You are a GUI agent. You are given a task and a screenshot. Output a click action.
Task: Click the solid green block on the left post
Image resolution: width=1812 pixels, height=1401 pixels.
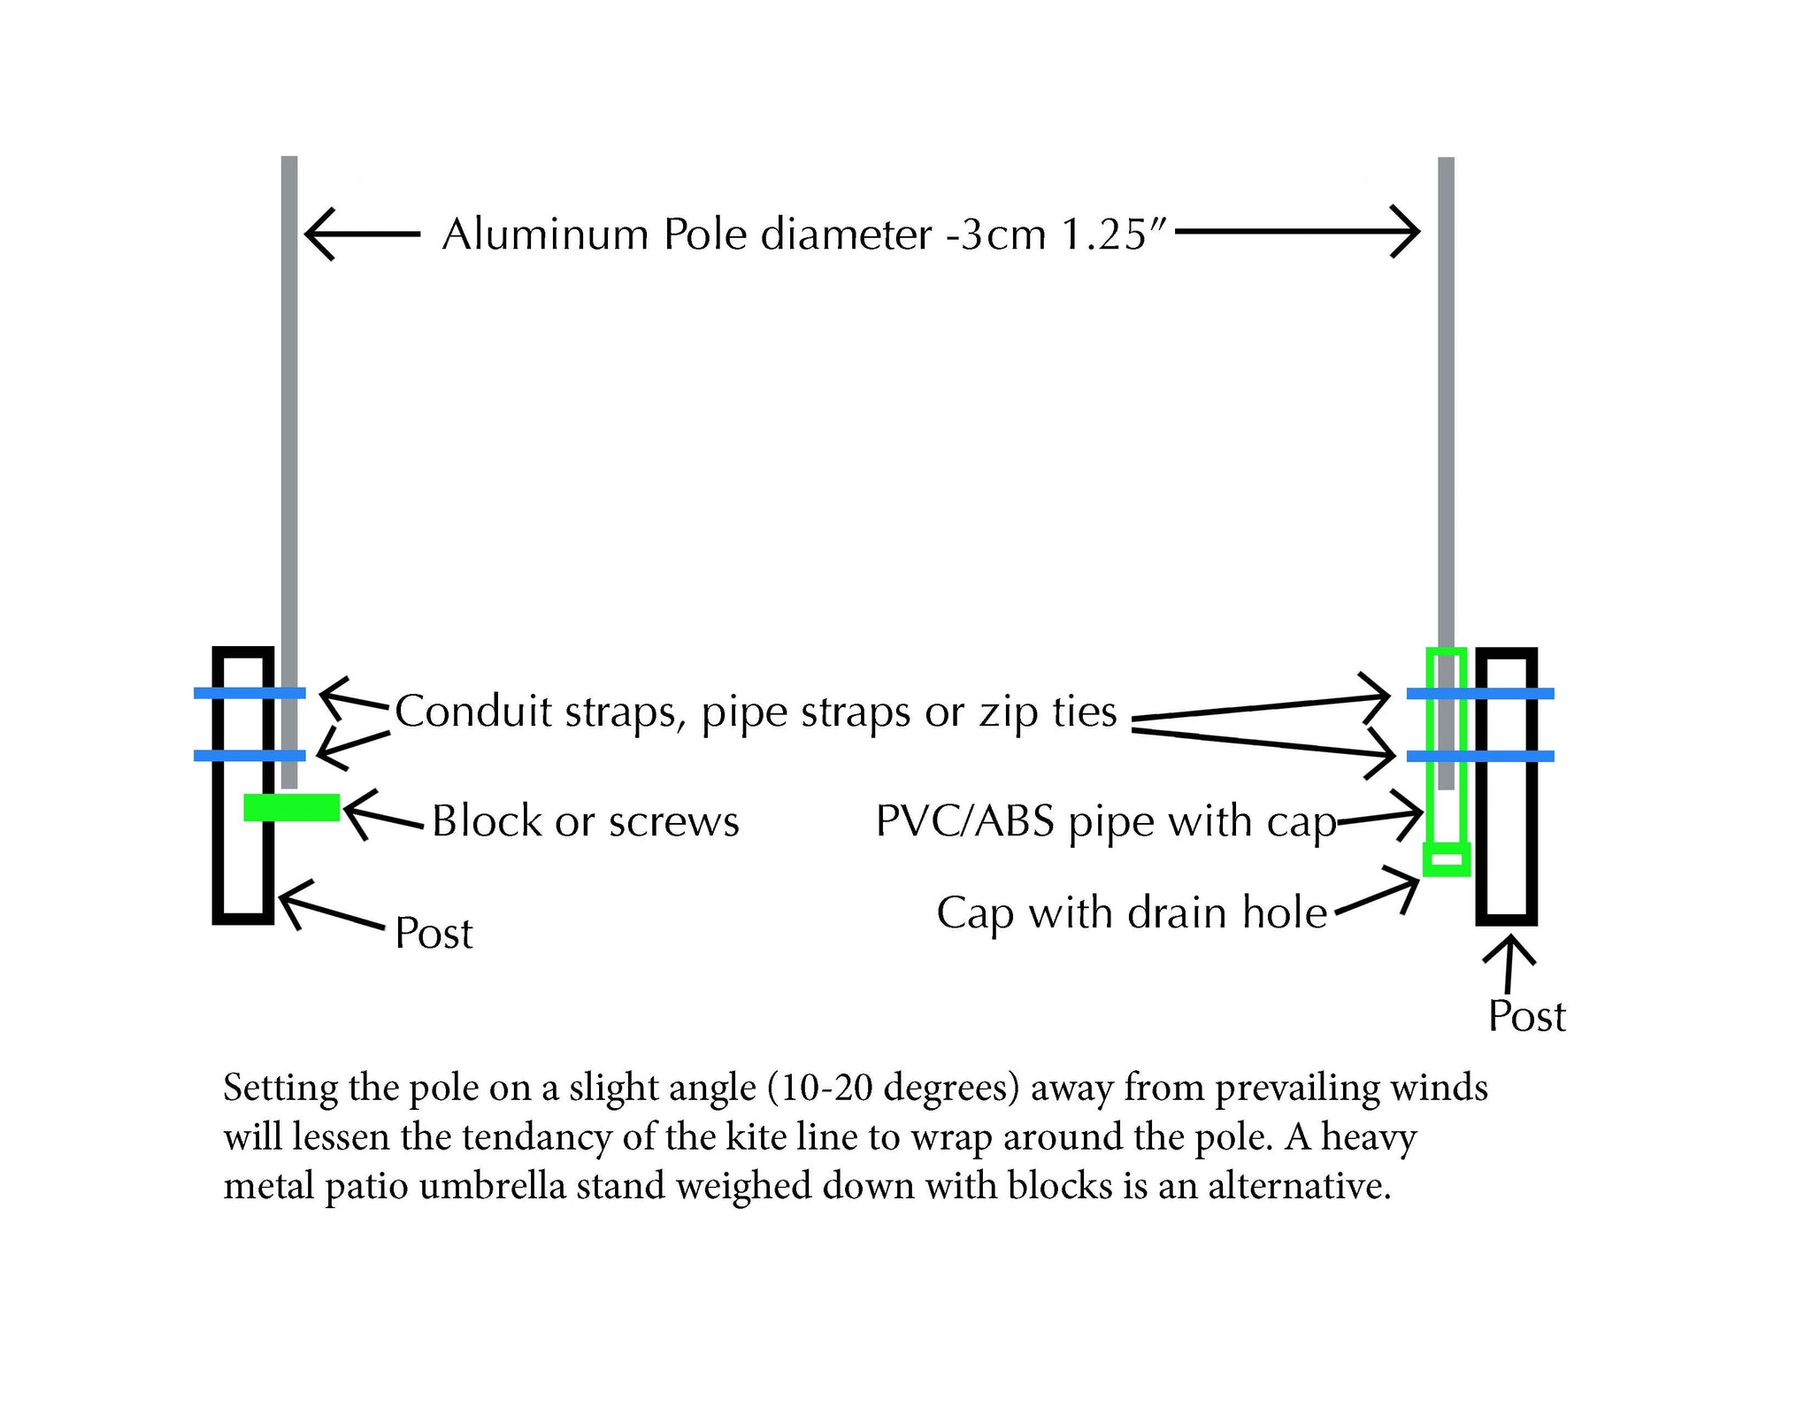coord(292,807)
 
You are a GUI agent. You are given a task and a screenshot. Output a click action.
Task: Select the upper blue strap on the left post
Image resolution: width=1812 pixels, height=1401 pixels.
coord(250,693)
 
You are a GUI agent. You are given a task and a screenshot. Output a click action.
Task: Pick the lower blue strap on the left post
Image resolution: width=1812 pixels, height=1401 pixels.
coord(250,755)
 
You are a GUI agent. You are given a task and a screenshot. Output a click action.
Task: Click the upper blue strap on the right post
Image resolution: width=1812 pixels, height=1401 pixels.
coord(1480,694)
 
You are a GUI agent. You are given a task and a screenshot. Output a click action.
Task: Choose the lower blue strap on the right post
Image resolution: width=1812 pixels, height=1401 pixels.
coord(1480,756)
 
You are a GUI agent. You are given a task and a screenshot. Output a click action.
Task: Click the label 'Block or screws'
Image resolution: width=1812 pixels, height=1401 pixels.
coord(585,821)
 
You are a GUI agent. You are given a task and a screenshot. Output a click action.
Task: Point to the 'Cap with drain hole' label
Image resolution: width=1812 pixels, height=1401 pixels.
coord(1132,912)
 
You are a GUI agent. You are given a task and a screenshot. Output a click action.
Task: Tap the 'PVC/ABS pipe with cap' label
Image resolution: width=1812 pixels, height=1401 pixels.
coord(1105,822)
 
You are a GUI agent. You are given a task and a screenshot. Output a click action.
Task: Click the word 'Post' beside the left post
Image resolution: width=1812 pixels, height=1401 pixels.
coord(434,933)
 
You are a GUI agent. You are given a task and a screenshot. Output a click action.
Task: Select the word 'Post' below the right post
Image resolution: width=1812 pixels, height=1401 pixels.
coord(1526,1016)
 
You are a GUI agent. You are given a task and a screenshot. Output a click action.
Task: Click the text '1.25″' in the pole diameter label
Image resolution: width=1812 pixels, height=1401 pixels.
coord(1115,235)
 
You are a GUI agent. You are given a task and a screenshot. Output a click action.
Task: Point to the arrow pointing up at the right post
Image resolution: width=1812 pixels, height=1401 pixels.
coord(1509,966)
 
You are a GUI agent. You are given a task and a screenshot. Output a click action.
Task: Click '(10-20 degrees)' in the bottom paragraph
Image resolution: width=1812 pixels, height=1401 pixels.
coord(894,1088)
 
